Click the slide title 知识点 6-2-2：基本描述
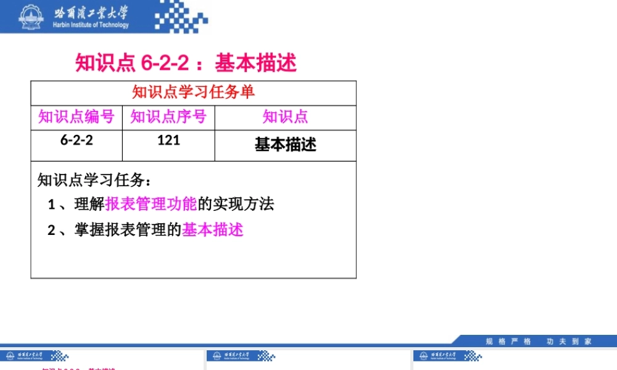pyautogui.click(x=186, y=62)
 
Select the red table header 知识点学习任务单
pyautogui.click(x=193, y=92)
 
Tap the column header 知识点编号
pyautogui.click(x=77, y=117)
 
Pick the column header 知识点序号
pyautogui.click(x=168, y=117)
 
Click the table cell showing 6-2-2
pyautogui.click(x=77, y=140)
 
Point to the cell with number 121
pyautogui.click(x=168, y=140)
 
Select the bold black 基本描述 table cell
pyautogui.click(x=285, y=144)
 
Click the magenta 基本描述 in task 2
pyautogui.click(x=213, y=230)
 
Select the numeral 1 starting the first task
pyautogui.click(x=52, y=205)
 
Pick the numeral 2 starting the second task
pyautogui.click(x=52, y=231)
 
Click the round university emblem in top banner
pyautogui.click(x=28, y=17)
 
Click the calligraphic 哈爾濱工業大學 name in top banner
pyautogui.click(x=91, y=12)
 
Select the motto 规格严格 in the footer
pyautogui.click(x=508, y=341)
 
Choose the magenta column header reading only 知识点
pyautogui.click(x=285, y=117)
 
